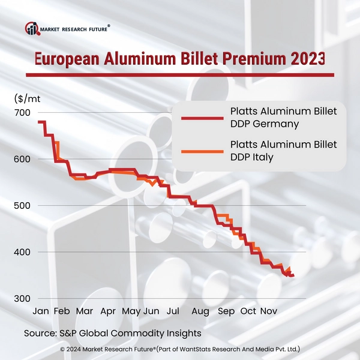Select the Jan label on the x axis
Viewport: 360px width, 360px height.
(40, 311)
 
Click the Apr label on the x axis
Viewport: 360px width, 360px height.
(108, 311)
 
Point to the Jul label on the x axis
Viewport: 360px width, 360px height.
(173, 311)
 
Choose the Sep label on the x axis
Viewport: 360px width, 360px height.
(226, 311)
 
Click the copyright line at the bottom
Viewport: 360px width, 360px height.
(180, 349)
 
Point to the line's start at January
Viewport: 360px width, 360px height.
(39, 122)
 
